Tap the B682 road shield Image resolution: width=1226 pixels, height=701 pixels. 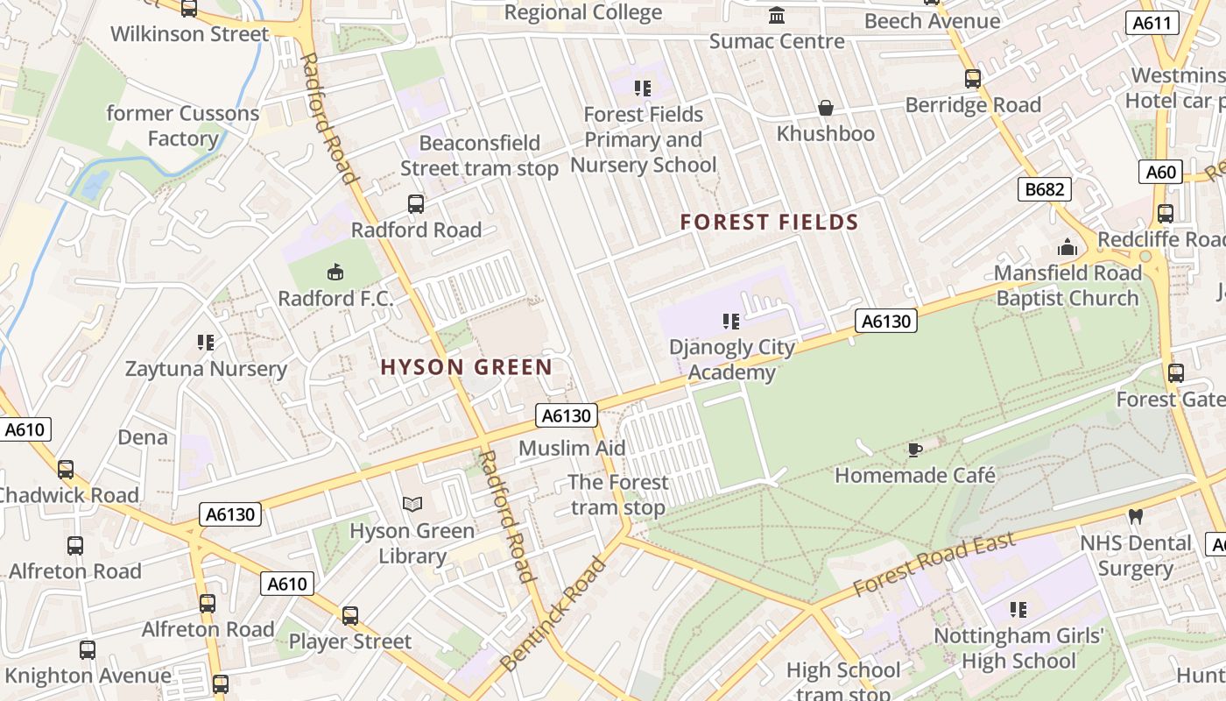1045,188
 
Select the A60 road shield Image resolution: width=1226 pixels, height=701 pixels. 1161,172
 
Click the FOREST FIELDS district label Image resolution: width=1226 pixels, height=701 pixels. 770,223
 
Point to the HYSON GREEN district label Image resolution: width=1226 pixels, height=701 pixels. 467,367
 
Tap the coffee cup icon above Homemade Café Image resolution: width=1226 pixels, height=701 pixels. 914,450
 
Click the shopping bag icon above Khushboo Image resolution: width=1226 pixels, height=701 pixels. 825,108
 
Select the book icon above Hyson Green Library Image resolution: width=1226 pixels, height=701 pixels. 412,505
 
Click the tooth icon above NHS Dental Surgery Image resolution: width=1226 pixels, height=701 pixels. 1136,517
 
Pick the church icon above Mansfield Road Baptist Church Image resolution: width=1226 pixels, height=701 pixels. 1067,248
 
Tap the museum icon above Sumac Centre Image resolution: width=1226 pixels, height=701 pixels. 776,16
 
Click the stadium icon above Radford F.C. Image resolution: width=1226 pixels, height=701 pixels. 335,273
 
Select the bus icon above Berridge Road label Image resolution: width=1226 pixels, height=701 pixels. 972,79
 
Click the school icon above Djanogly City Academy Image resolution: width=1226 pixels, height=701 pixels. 731,322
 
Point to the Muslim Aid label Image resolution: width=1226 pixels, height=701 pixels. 572,449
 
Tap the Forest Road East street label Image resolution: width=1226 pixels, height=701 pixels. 934,565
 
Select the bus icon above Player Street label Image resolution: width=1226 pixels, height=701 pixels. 349,616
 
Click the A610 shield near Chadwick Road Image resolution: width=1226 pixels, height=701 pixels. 25,430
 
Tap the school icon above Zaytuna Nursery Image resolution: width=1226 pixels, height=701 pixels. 206,343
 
